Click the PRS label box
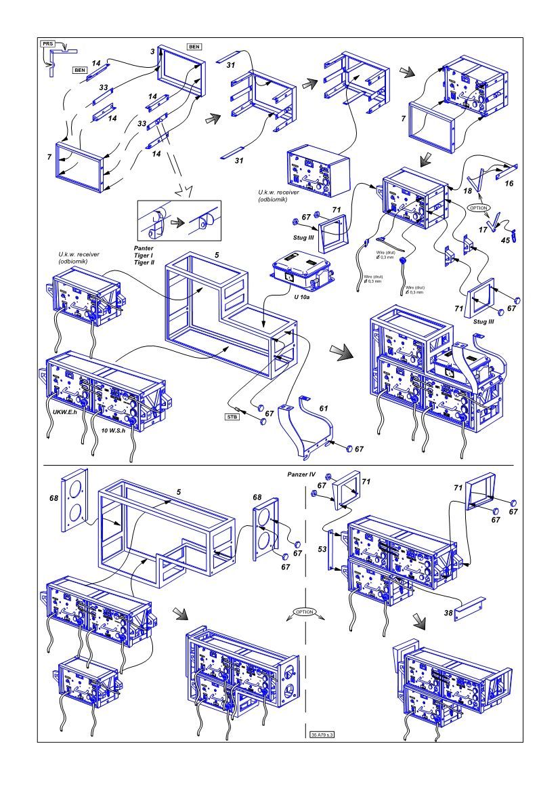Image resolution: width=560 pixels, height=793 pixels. (x=48, y=43)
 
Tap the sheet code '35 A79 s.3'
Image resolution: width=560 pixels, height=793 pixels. (x=322, y=734)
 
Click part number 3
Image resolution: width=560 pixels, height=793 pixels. (x=153, y=52)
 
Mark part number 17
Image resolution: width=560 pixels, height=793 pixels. (x=482, y=230)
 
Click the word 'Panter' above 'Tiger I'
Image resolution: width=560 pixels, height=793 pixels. (x=144, y=249)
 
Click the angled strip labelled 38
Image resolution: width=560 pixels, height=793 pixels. (x=467, y=609)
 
